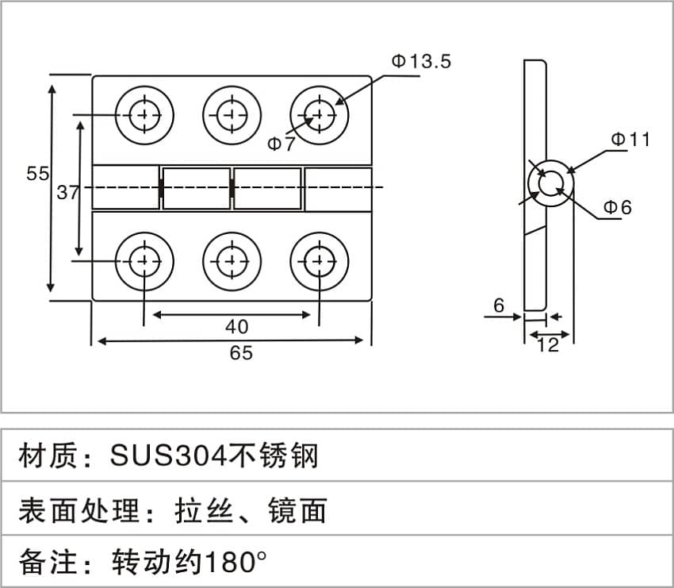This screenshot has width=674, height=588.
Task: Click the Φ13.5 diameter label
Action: coord(421,61)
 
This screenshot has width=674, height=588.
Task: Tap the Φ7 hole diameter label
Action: coord(281,144)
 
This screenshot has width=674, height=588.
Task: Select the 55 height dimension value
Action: coord(38,173)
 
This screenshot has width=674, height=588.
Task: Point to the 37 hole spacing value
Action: coord(68,192)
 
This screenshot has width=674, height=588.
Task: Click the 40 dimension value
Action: coord(237,327)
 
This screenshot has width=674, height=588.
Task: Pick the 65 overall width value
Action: coord(241,353)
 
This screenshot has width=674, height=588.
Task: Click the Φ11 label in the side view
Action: coord(630,140)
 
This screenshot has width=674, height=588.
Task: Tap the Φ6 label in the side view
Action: coord(618,207)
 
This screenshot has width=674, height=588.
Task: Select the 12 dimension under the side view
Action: coord(548,345)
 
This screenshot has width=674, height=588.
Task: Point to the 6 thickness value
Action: coord(499,306)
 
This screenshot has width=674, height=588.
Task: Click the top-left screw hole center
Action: coord(144,115)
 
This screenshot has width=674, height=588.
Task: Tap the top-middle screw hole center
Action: coord(232,115)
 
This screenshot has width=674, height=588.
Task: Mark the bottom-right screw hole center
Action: coord(320,261)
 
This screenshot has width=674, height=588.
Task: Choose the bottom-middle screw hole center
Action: coord(232,261)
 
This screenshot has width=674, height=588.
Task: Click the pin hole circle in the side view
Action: coord(550,184)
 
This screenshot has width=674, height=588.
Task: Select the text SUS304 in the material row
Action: coord(168,455)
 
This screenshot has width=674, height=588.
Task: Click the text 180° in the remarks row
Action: coord(236,562)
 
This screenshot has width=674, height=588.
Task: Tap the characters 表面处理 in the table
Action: coord(79,510)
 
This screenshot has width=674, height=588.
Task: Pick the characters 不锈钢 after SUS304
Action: coord(274,455)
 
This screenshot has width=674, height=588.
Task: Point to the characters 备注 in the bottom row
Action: coord(48,562)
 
